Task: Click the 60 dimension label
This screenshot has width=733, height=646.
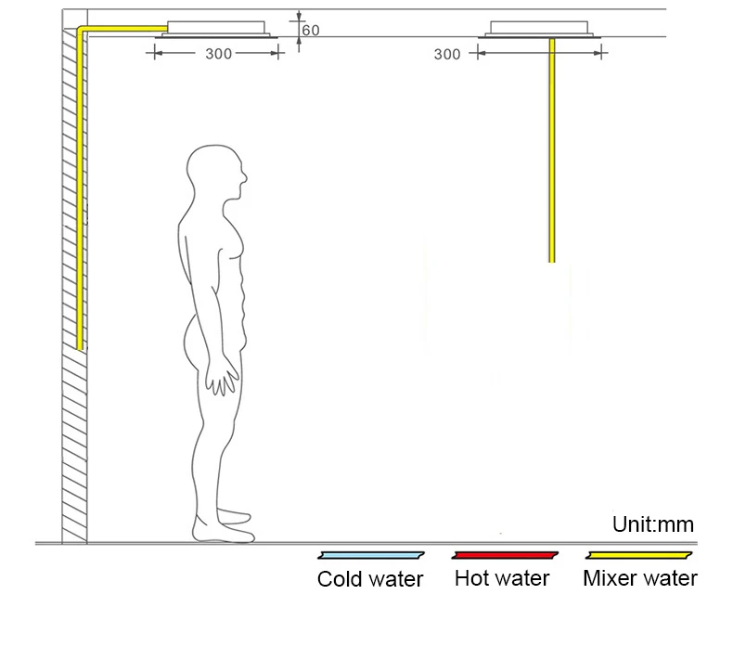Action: pos(310,31)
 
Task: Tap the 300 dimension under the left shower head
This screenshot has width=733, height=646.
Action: pos(218,54)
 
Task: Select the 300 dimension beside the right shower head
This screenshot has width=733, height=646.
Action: pos(447,55)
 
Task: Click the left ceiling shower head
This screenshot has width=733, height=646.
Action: pos(220,30)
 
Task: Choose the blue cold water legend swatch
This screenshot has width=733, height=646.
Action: pos(371,556)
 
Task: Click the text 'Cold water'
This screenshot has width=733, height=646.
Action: pos(370,580)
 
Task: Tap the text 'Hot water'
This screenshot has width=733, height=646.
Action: pos(502,579)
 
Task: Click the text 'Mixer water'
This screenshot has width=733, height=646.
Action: pos(640,579)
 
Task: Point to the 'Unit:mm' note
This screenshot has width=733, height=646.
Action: pos(652,525)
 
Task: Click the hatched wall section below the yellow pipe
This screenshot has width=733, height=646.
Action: pos(74,446)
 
